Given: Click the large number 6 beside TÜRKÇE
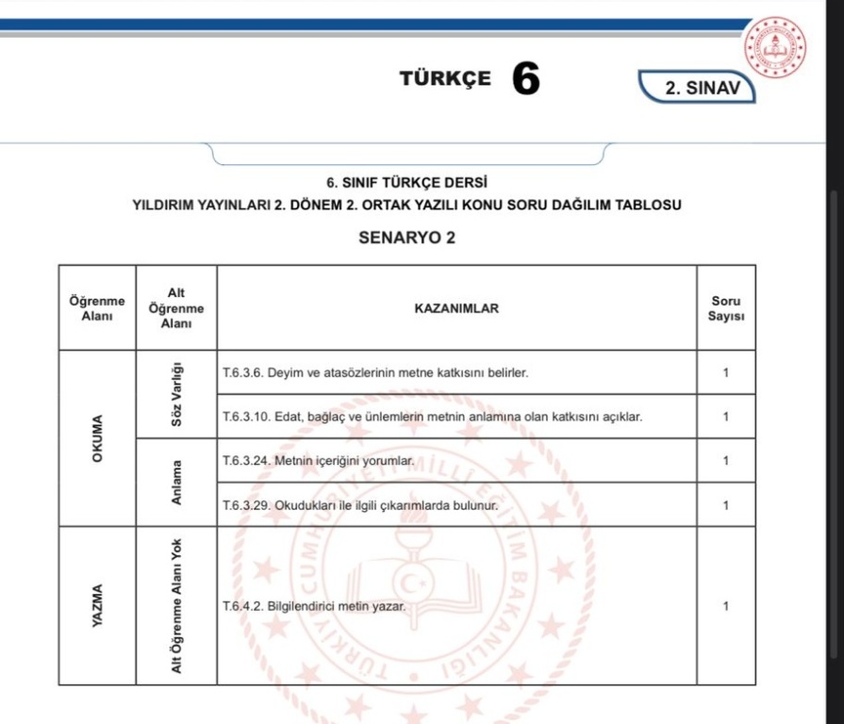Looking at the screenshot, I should click(527, 79).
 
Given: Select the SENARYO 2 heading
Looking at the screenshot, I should click(407, 239).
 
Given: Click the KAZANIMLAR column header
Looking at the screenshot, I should click(456, 308).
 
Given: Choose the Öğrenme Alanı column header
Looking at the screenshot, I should click(96, 308).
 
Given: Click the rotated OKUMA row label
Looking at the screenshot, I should click(96, 438).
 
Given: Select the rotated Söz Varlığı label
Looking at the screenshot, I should click(176, 394).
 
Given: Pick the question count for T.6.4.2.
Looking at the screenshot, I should click(725, 606).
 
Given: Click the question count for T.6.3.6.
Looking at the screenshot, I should click(725, 373).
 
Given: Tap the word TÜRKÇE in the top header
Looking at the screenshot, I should click(445, 78).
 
